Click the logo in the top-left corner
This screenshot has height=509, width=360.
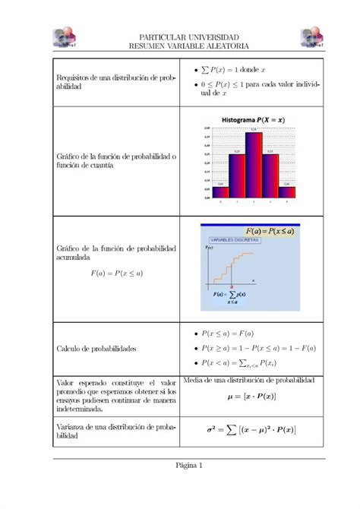tap(68, 39)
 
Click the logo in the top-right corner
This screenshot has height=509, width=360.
tap(311, 39)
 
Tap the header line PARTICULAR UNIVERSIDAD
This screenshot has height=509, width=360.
tap(190, 38)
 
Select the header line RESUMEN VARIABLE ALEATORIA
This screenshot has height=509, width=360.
tap(190, 47)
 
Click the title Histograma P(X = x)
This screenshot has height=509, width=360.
tap(254, 119)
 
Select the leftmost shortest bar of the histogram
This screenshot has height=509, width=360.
tap(221, 191)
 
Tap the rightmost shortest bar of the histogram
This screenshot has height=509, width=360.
tap(286, 191)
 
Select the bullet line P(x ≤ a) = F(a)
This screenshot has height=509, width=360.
tap(228, 333)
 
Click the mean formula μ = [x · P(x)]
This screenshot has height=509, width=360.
tap(251, 397)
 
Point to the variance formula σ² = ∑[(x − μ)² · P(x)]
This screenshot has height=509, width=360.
tap(251, 430)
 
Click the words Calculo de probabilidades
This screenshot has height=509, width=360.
tap(96, 349)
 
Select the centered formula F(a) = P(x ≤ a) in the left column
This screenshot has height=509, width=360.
tap(116, 272)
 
